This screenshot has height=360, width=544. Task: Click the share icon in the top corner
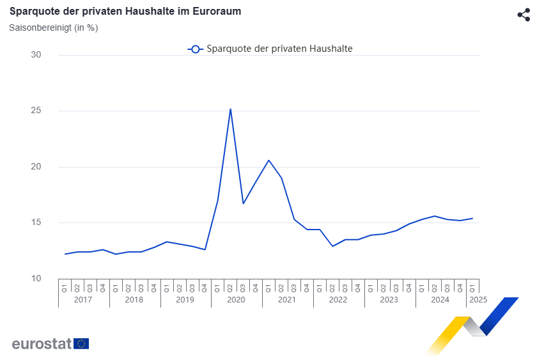pyautogui.click(x=524, y=15)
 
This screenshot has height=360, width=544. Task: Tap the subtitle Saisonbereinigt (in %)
pyautogui.click(x=53, y=27)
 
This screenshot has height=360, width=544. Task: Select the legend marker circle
pyautogui.click(x=196, y=49)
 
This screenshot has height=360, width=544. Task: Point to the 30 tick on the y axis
pyautogui.click(x=36, y=55)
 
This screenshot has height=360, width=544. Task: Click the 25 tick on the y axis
pyautogui.click(x=36, y=111)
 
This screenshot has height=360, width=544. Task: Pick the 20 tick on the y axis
pyautogui.click(x=36, y=167)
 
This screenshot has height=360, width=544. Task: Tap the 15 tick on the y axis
pyautogui.click(x=36, y=223)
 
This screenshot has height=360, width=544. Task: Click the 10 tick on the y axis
pyautogui.click(x=36, y=279)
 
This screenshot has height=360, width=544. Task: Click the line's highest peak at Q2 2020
pyautogui.click(x=230, y=109)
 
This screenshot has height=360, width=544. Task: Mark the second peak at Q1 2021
pyautogui.click(x=268, y=160)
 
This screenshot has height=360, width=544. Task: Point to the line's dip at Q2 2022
pyautogui.click(x=332, y=246)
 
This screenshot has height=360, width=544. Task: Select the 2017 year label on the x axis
pyautogui.click(x=84, y=299)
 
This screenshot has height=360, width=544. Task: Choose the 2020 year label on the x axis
pyautogui.click(x=237, y=299)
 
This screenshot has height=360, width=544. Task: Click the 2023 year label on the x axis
pyautogui.click(x=389, y=299)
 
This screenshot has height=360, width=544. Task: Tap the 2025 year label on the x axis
pyautogui.click(x=478, y=299)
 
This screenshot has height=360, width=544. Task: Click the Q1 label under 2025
pyautogui.click(x=473, y=286)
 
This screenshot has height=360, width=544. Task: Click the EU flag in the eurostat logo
pyautogui.click(x=81, y=343)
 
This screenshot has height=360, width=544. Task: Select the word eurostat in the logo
pyautogui.click(x=42, y=343)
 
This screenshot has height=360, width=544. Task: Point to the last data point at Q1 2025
pyautogui.click(x=472, y=219)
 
